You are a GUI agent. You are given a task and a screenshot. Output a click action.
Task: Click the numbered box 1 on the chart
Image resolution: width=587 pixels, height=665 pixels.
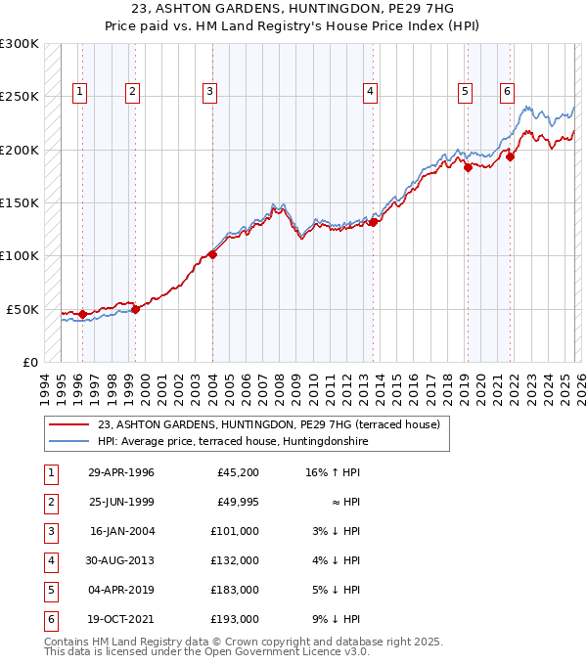[79, 92]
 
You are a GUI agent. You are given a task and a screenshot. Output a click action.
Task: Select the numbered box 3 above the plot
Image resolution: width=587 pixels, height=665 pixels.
[209, 92]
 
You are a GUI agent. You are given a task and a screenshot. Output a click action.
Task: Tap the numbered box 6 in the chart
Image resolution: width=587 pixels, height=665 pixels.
[507, 92]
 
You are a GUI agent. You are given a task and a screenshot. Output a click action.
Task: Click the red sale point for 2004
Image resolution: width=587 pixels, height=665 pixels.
[212, 255]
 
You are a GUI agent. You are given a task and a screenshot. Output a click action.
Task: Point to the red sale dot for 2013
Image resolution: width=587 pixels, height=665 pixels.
[374, 222]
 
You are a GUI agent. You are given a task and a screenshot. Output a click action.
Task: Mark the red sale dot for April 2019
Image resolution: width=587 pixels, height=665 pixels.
[468, 168]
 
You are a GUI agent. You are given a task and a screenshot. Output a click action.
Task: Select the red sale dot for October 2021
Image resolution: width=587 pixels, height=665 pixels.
[510, 156]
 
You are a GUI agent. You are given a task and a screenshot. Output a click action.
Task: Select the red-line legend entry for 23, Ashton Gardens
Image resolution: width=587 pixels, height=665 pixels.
[269, 424]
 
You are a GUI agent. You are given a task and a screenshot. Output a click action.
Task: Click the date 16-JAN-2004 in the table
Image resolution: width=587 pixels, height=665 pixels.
[121, 531]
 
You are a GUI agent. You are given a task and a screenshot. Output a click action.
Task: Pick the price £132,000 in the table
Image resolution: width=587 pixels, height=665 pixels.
[234, 560]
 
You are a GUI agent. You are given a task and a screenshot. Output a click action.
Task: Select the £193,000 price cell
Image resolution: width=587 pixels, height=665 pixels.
[234, 619]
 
